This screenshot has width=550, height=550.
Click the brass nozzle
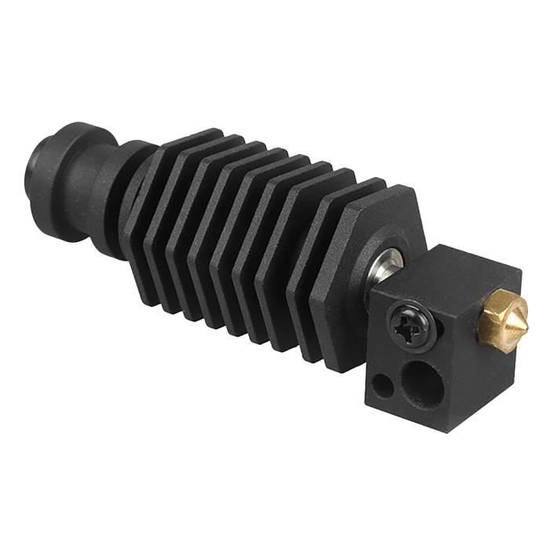[493, 312]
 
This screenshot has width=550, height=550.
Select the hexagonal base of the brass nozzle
[482, 309]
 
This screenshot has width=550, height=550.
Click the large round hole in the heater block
[423, 379]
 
